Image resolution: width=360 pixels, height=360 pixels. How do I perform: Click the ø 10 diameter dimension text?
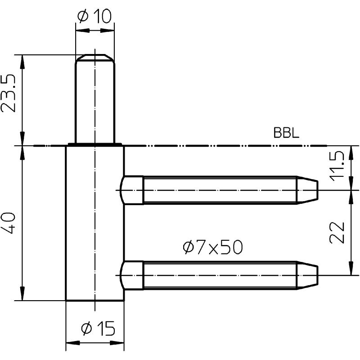94,16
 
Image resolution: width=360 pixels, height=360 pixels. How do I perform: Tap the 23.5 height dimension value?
9,93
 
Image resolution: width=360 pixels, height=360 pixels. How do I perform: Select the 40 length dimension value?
9,223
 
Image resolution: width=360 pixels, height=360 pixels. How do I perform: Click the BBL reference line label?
286,133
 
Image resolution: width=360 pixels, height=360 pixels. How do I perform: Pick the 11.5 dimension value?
337,166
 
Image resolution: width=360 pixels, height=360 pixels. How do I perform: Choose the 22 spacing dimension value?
337,233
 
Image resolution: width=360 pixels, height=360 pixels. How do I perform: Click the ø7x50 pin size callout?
212,247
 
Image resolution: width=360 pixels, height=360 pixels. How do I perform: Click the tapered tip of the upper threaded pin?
307,190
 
